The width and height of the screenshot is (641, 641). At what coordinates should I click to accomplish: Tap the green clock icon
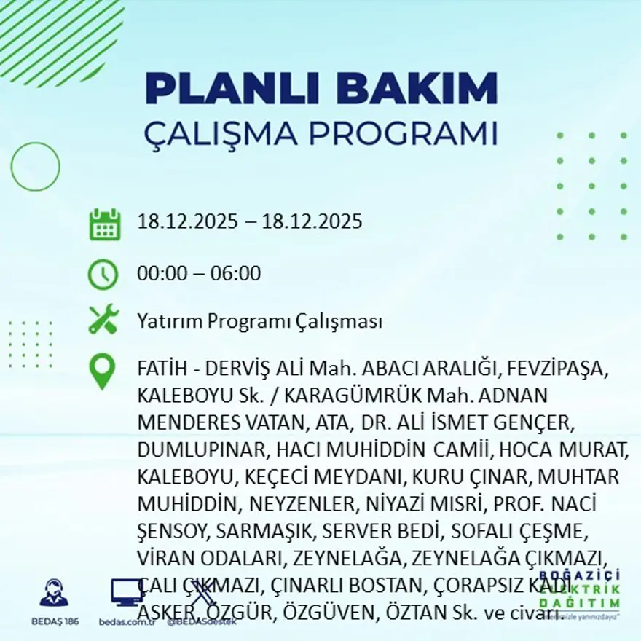[103, 275]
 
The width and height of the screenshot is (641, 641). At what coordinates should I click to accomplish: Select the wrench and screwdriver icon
[103, 320]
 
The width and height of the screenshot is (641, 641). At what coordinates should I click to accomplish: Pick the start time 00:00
[160, 274]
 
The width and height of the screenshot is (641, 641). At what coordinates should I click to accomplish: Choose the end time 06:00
[237, 274]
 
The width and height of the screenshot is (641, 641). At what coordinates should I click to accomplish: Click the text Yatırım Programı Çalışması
[259, 320]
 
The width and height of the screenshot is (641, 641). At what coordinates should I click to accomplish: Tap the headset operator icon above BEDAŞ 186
[54, 593]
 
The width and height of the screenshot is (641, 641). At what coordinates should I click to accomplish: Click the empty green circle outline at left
[36, 167]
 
